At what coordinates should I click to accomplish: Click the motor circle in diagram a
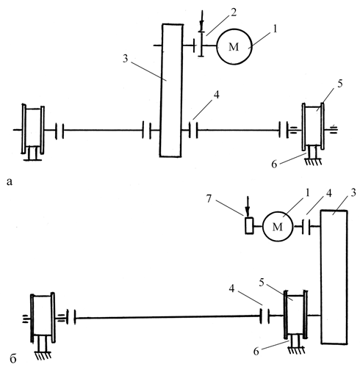pyautogui.click(x=217, y=46)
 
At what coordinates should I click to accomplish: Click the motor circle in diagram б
pyautogui.click(x=263, y=227)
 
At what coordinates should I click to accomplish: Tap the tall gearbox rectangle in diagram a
pyautogui.click(x=161, y=90)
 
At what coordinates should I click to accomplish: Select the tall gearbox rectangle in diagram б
pyautogui.click(x=322, y=277)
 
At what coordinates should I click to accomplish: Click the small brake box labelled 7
pyautogui.click(x=250, y=225)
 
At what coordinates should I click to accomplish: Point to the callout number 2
pyautogui.click(x=234, y=12)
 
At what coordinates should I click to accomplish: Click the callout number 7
pyautogui.click(x=209, y=199)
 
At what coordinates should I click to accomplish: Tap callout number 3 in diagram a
pyautogui.click(x=126, y=59)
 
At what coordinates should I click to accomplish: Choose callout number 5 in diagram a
pyautogui.click(x=339, y=84)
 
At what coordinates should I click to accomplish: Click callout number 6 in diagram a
pyautogui.click(x=274, y=164)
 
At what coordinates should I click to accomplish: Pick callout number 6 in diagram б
pyautogui.click(x=256, y=352)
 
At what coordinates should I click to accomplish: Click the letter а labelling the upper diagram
pyautogui.click(x=10, y=182)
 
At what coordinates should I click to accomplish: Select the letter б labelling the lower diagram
pyautogui.click(x=13, y=358)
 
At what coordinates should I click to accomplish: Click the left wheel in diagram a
pyautogui.click(x=24, y=129)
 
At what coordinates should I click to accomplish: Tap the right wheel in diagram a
pyautogui.click(x=303, y=127)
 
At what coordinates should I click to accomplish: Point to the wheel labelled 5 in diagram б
pyautogui.click(x=285, y=315)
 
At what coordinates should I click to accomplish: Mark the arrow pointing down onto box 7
pyautogui.click(x=248, y=206)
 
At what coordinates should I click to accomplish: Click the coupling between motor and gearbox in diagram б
pyautogui.click(x=306, y=227)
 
